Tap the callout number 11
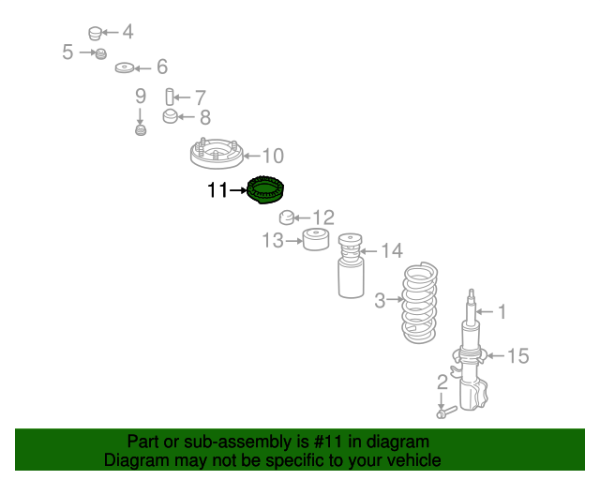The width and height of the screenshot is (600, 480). pyautogui.click(x=217, y=191)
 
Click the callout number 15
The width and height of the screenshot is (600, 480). pyautogui.click(x=517, y=355)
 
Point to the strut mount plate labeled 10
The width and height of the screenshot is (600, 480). pyautogui.click(x=216, y=156)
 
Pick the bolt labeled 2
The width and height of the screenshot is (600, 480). pyautogui.click(x=443, y=410)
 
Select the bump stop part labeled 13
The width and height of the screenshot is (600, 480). pyautogui.click(x=314, y=241)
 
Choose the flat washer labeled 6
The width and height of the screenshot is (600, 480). pyautogui.click(x=125, y=68)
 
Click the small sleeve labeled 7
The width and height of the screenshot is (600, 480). pyautogui.click(x=171, y=97)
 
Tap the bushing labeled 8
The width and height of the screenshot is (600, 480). pyautogui.click(x=171, y=117)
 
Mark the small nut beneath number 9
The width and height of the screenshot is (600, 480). pyautogui.click(x=141, y=129)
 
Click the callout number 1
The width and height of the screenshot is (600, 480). pyautogui.click(x=501, y=311)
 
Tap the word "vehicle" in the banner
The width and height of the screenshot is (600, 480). pyautogui.click(x=409, y=460)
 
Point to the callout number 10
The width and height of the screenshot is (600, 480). pyautogui.click(x=272, y=157)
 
